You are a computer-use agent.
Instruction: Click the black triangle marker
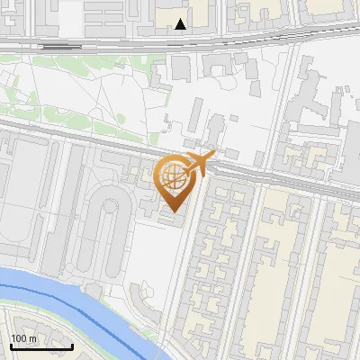181,24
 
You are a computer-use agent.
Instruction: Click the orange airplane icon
200,162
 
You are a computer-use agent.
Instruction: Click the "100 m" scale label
24,338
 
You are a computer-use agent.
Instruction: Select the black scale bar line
41,346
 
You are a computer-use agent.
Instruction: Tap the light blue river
54,288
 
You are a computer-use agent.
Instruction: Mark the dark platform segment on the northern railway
56,45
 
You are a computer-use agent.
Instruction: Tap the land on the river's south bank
54,337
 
